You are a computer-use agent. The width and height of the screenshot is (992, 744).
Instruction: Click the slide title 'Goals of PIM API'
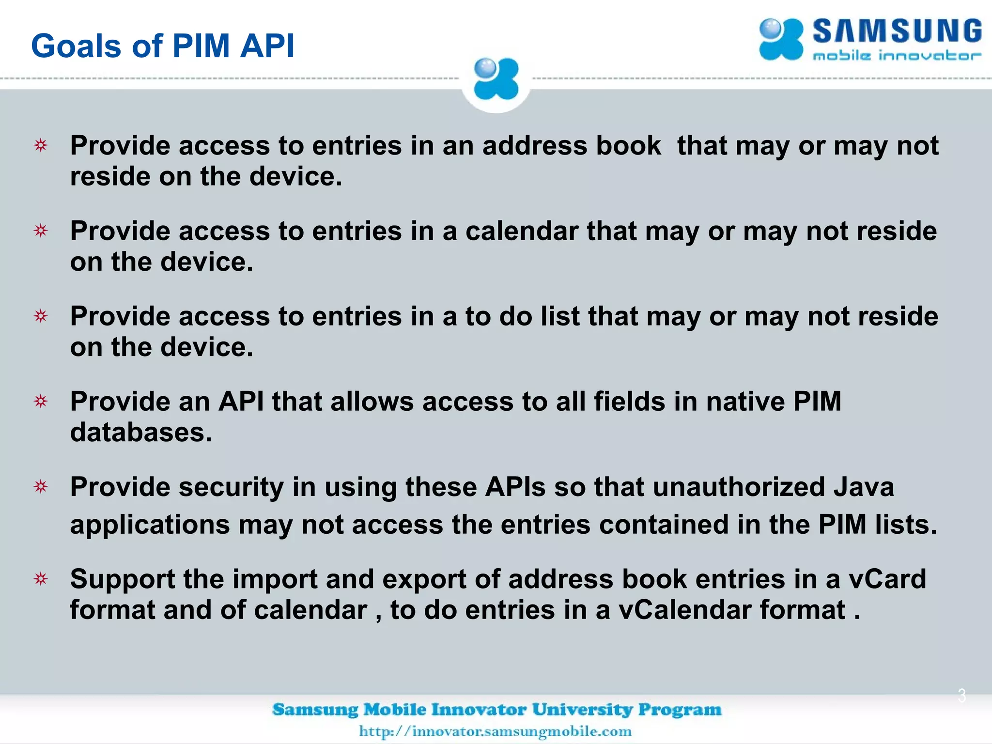pyautogui.click(x=163, y=46)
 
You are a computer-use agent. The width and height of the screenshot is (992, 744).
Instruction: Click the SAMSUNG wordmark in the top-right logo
pyautogui.click(x=897, y=31)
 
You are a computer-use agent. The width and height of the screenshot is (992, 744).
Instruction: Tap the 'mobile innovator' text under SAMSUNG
pyautogui.click(x=897, y=56)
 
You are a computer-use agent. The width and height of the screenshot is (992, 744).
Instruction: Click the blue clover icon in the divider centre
pyautogui.click(x=496, y=79)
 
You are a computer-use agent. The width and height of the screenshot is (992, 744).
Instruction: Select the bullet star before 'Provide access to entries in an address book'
pyautogui.click(x=41, y=145)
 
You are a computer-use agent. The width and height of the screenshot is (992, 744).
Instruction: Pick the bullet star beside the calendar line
pyautogui.click(x=41, y=231)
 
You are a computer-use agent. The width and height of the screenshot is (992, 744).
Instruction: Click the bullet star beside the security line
pyautogui.click(x=41, y=486)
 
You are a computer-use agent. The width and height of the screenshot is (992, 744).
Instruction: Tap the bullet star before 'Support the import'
pyautogui.click(x=41, y=578)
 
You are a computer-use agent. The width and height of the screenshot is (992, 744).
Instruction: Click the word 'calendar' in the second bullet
pyautogui.click(x=522, y=231)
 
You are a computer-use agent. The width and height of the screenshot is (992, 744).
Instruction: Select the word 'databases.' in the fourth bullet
pyautogui.click(x=141, y=432)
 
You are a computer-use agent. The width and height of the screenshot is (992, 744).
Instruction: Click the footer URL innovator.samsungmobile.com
pyautogui.click(x=495, y=731)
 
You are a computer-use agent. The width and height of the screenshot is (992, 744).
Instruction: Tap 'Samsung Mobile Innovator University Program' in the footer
pyautogui.click(x=496, y=710)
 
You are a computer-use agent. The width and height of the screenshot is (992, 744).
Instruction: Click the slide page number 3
pyautogui.click(x=962, y=696)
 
